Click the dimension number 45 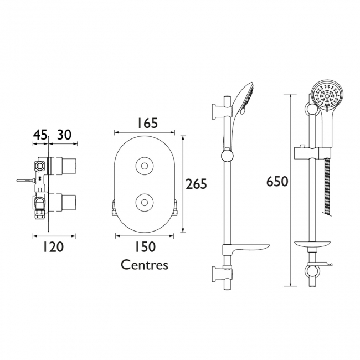(x=39, y=135)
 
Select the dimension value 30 (x=64, y=135)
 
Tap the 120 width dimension (x=54, y=247)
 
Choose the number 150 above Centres (x=145, y=247)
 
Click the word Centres (x=145, y=265)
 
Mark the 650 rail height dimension (x=277, y=182)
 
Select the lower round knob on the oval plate (x=145, y=202)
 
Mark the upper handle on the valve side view (x=66, y=164)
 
